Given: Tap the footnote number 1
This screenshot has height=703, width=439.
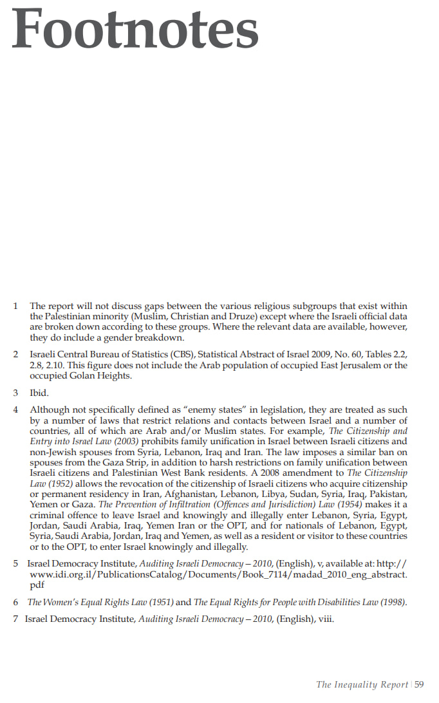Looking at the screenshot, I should coord(15,306).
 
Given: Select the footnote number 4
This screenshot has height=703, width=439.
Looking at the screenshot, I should coord(15,409).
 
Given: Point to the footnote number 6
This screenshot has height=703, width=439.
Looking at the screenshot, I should coord(15,603).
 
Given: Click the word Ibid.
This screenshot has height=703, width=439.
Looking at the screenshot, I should coord(39,392).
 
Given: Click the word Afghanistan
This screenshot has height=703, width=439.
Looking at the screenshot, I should coord(180,493).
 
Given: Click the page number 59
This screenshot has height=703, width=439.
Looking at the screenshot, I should coord(420,684).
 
